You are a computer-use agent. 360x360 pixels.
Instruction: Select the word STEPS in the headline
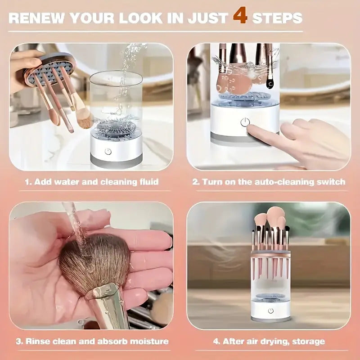pyautogui.click(x=277, y=18)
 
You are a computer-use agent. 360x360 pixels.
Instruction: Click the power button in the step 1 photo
pyautogui.click(x=108, y=151)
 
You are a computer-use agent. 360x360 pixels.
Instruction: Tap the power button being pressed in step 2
pyautogui.click(x=245, y=122)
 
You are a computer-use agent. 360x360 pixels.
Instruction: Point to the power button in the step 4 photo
pyautogui.click(x=271, y=310)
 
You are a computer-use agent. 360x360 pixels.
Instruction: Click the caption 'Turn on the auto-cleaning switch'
pyautogui.click(x=269, y=182)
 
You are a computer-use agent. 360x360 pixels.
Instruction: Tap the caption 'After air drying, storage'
pyautogui.click(x=269, y=341)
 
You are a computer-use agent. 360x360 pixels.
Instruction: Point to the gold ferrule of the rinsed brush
pyautogui.click(x=106, y=301)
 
